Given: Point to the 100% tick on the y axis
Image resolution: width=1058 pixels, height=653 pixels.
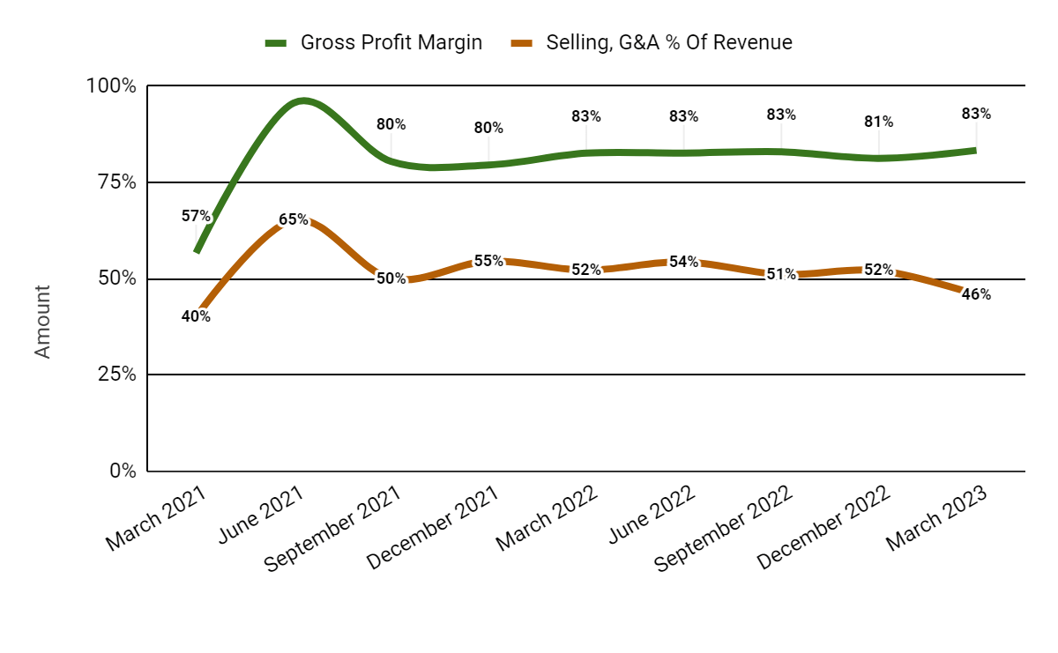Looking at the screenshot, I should click(x=111, y=86).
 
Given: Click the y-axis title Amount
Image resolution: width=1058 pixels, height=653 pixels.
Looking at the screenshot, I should click(x=43, y=321).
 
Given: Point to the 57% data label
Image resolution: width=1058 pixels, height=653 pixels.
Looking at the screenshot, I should click(x=196, y=216).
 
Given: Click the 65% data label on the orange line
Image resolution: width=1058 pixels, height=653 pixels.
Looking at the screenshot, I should click(x=294, y=219).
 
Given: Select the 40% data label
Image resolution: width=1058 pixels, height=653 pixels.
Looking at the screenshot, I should click(x=196, y=316).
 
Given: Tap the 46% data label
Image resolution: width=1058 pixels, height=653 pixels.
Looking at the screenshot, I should click(x=976, y=295).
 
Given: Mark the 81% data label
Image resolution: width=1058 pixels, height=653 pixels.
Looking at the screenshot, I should click(x=878, y=122).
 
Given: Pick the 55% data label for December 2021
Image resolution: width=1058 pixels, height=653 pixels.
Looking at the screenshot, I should click(x=488, y=261).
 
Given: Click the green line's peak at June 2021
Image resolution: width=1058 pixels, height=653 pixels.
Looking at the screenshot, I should click(x=303, y=100).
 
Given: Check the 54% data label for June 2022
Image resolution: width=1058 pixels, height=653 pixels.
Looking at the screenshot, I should click(x=683, y=262).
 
